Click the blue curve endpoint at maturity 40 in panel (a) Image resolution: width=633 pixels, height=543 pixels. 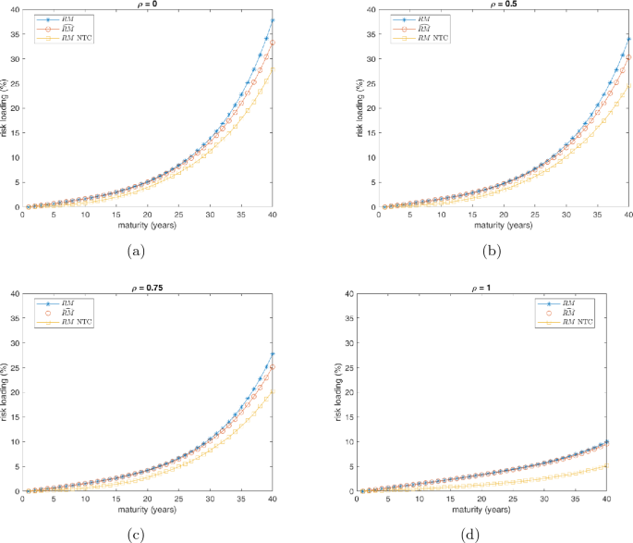(273, 20)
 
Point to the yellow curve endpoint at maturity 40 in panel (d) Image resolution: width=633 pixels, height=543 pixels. (607, 465)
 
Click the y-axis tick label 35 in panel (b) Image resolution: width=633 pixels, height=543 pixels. (348, 33)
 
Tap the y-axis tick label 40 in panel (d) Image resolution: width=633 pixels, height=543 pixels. (348, 294)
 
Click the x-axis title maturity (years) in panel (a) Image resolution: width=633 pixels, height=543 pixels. (148, 225)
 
